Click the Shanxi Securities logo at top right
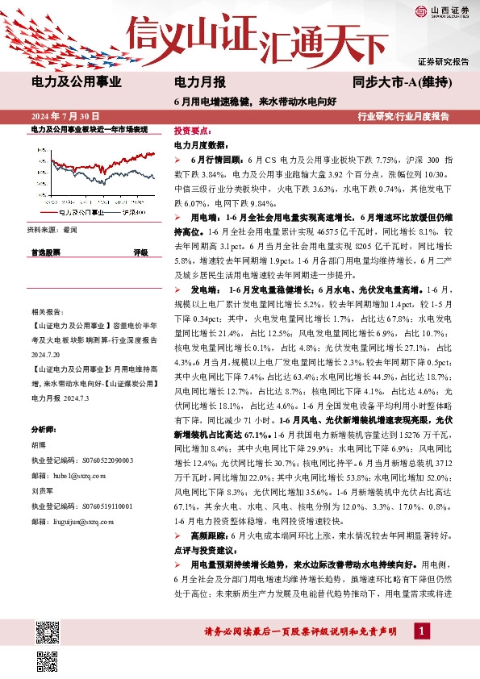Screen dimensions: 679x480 [x=443, y=11]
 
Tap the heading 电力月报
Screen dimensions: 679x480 [x=200, y=81]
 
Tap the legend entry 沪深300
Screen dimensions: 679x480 [x=131, y=213]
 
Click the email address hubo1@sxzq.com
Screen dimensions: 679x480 [x=73, y=474]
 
